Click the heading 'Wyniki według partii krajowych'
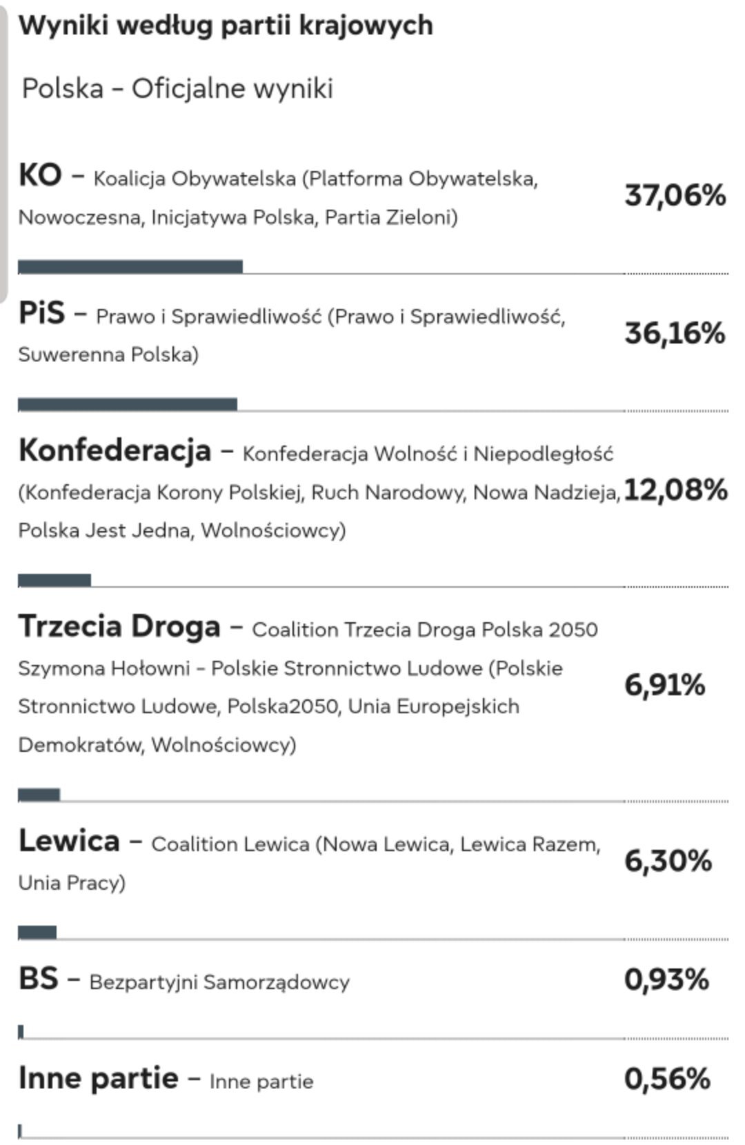point(226,26)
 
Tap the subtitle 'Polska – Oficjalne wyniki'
point(177,88)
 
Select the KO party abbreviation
point(40,175)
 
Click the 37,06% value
point(675,195)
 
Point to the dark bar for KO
point(130,267)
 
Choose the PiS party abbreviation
point(41,313)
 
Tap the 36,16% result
point(675,333)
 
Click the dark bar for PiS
point(127,404)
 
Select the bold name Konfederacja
point(115,450)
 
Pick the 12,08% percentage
point(675,490)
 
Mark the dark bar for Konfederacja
point(54,580)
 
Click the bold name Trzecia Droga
point(119,626)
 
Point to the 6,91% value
point(664,685)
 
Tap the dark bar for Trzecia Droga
point(39,795)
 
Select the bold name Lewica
point(69,841)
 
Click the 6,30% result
point(668,861)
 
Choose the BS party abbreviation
point(38,979)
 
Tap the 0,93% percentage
point(666,979)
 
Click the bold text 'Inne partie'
point(98,1078)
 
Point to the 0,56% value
point(667,1079)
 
